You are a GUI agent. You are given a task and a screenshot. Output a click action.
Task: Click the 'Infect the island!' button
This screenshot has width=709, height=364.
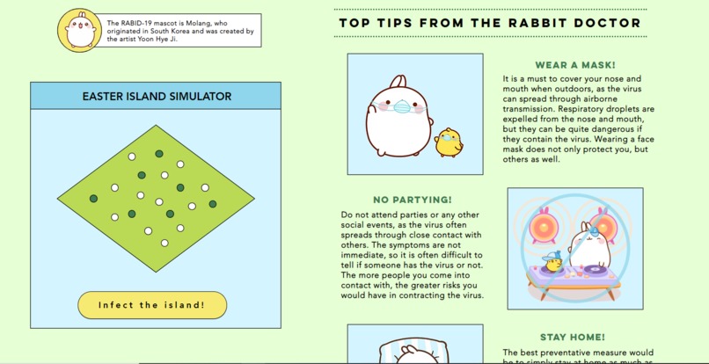(151, 305)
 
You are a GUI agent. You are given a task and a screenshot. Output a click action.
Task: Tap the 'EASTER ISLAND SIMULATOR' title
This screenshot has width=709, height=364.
(156, 96)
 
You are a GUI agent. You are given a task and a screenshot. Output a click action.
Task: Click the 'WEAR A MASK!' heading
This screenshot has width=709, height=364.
(575, 65)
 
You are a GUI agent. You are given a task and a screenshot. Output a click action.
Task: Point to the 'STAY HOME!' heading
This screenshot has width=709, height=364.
(573, 337)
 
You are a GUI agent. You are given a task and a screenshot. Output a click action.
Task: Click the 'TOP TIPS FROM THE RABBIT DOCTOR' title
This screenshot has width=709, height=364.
(490, 23)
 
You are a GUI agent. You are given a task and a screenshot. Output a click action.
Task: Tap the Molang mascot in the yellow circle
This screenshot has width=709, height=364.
(79, 30)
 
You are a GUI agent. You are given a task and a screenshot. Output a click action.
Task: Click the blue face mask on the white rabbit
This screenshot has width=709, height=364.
(402, 107)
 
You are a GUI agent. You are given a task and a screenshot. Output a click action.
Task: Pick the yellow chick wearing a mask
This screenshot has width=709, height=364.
(449, 142)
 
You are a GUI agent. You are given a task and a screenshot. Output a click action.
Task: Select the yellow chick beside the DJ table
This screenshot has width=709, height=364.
(552, 263)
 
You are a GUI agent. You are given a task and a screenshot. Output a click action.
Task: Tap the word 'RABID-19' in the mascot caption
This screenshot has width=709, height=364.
(135, 22)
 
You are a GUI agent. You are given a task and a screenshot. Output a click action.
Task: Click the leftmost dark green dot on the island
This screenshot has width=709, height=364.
(93, 199)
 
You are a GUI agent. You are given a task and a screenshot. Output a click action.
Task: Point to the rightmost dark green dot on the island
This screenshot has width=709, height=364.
(213, 204)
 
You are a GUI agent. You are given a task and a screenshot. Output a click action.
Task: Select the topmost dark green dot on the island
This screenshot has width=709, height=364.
(159, 154)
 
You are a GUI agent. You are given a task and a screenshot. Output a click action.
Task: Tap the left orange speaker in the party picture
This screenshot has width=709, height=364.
(542, 227)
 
